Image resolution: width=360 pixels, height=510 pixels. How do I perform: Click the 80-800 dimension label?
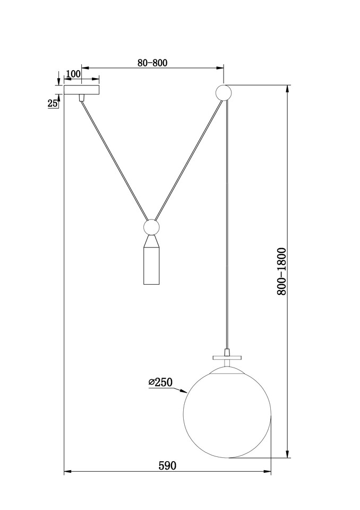152,63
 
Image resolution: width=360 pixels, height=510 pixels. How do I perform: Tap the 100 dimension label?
73,74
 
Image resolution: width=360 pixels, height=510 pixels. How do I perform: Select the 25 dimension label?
53,104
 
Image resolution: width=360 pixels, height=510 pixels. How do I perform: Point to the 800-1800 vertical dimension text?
281,271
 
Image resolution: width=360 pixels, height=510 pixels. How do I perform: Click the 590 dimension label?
167,466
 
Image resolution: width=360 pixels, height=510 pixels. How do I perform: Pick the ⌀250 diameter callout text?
160,382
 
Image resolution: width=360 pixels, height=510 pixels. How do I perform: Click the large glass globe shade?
227,414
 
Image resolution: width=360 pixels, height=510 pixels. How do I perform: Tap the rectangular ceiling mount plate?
82,90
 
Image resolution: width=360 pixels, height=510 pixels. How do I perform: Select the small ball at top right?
224,92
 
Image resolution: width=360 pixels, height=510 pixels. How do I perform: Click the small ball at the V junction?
151,227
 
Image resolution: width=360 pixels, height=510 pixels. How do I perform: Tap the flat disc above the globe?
227,358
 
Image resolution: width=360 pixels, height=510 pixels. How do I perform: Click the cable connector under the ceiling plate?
82,98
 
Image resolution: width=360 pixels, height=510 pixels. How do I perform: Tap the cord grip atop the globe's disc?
227,353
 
